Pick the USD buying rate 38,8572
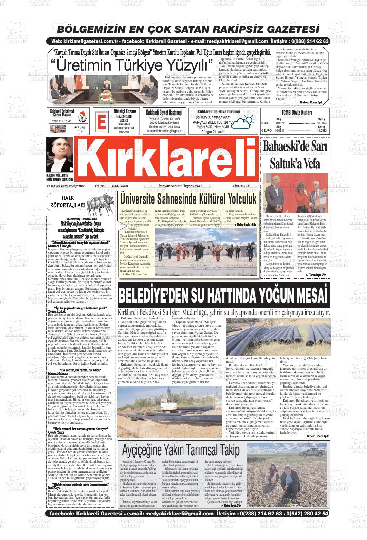pos(279,123)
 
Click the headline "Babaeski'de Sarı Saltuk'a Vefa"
pos(295,154)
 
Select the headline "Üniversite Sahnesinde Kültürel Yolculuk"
pos(188,198)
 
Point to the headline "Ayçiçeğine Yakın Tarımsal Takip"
pos(180,449)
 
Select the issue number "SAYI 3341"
pos(120,186)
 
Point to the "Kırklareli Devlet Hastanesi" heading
pos(164,113)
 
